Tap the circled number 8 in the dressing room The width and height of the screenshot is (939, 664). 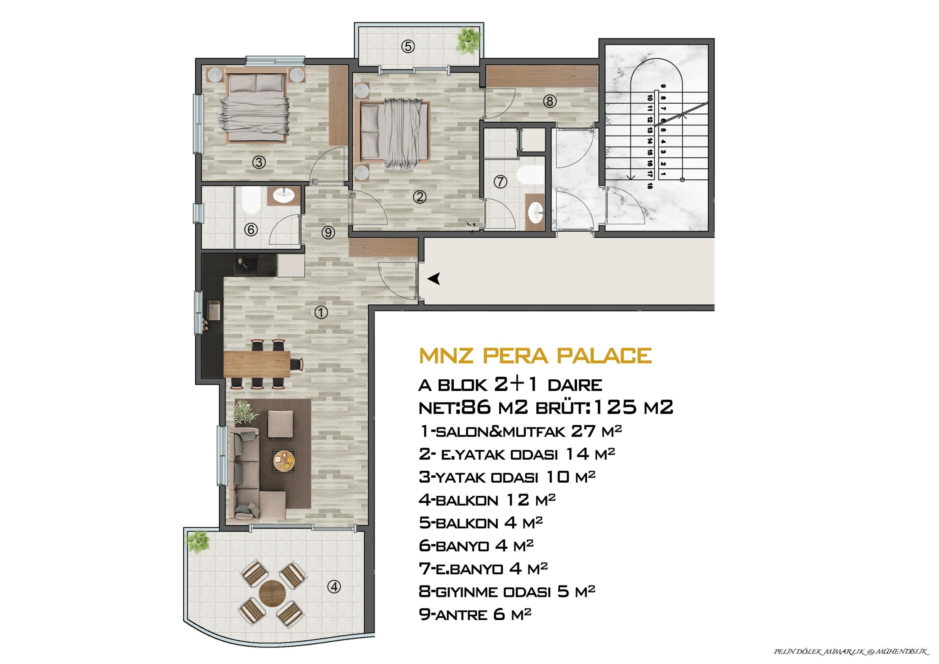click(550, 101)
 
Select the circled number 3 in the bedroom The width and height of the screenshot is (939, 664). click(259, 163)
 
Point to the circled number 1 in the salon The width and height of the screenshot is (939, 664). click(321, 312)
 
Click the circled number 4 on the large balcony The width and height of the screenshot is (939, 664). click(334, 587)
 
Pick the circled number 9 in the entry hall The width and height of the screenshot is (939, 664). click(328, 232)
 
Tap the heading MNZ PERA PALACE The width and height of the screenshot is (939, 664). click(535, 355)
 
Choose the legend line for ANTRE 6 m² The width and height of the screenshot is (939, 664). click(475, 614)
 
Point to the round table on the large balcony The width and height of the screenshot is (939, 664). click(273, 592)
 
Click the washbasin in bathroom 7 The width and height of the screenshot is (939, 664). click(535, 212)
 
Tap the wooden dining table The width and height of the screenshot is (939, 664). click(257, 364)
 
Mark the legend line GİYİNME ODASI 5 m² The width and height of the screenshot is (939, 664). click(507, 592)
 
